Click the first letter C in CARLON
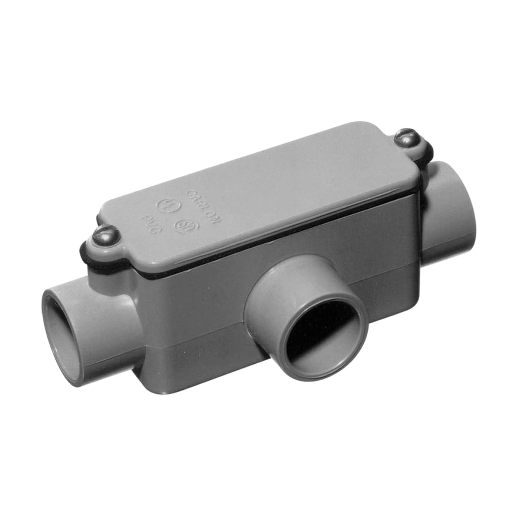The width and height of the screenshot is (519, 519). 190,193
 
